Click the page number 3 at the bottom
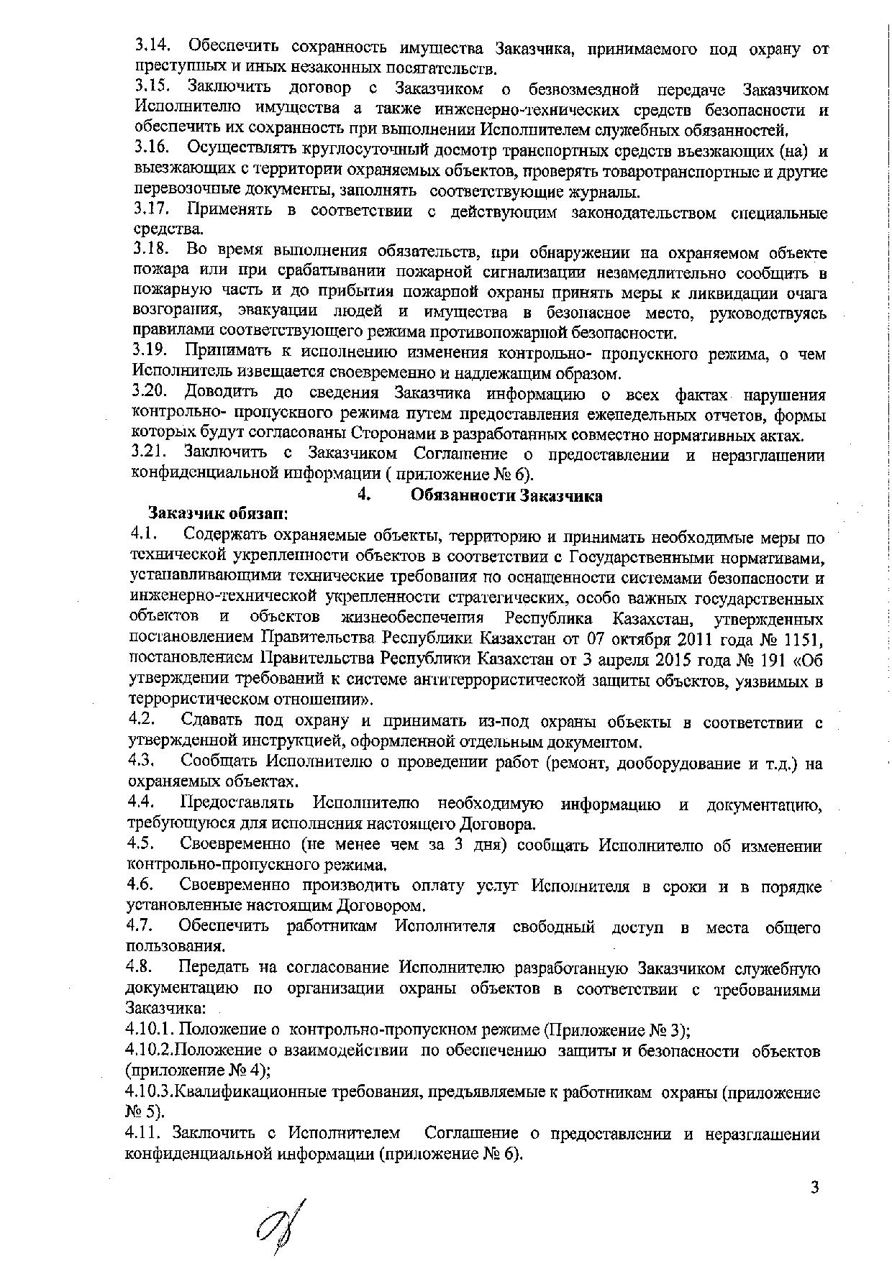(814, 1187)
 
